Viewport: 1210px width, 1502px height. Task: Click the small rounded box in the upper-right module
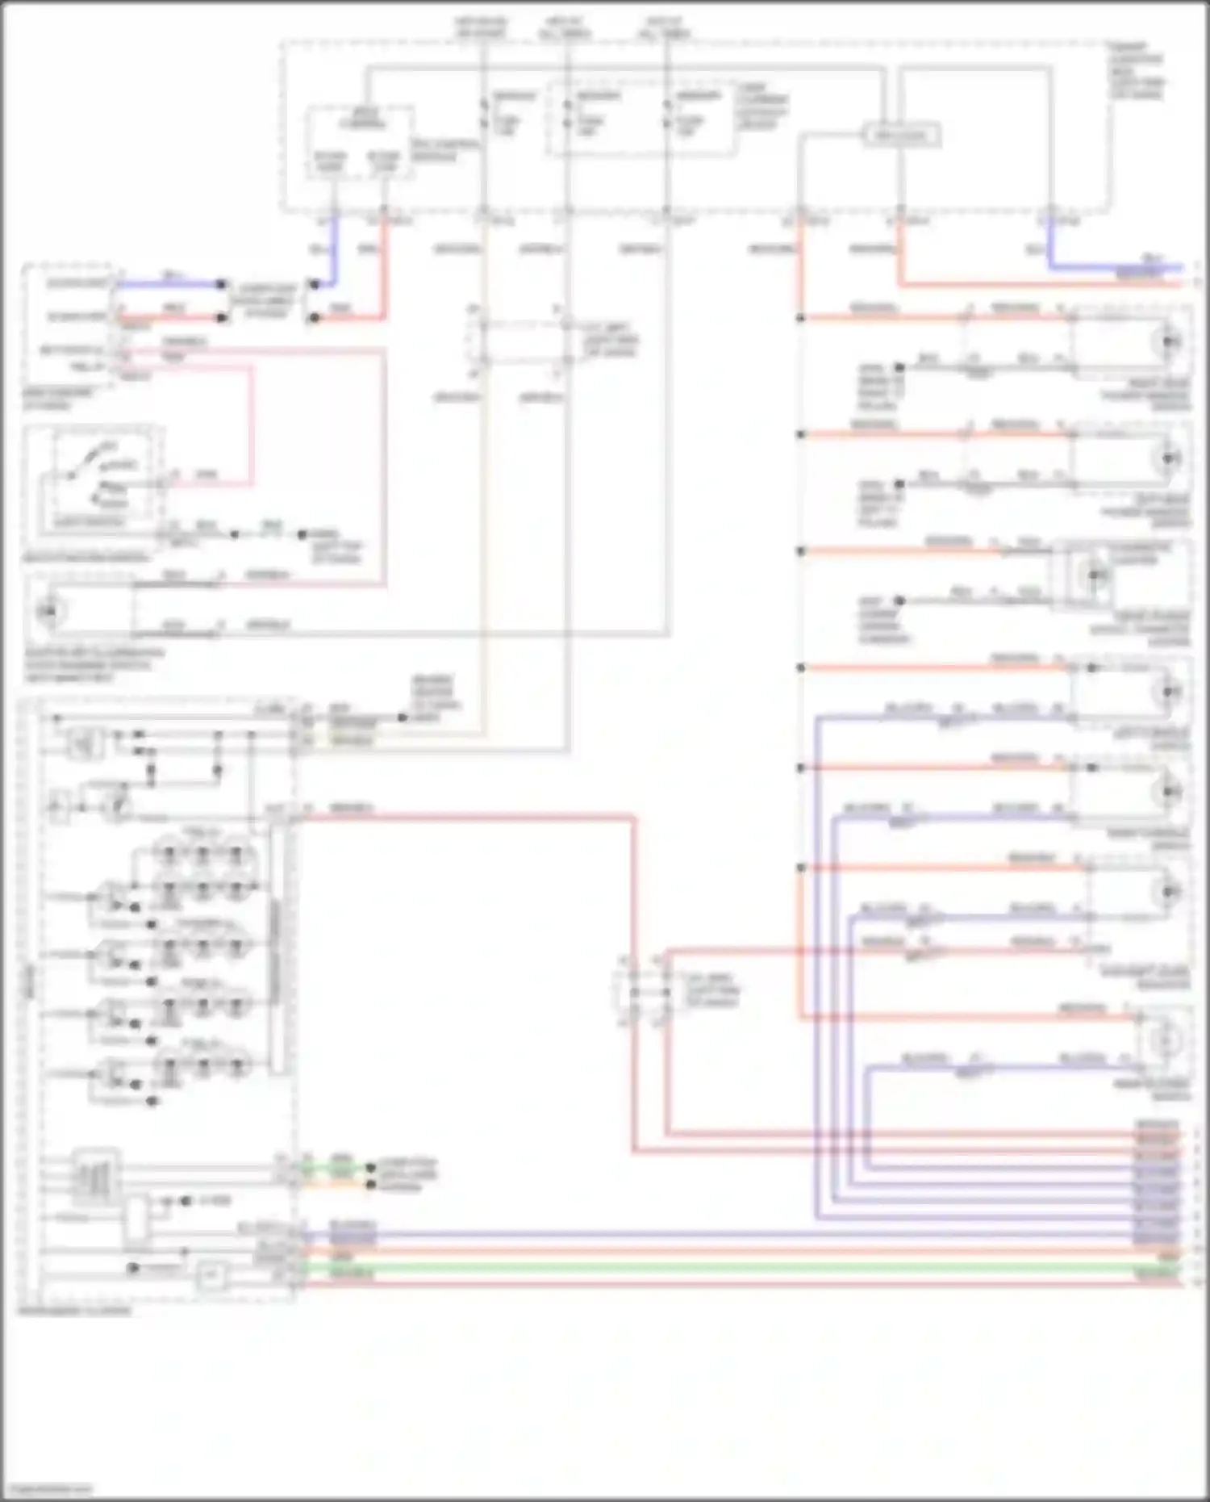[902, 136]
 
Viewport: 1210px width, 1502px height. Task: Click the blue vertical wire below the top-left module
[335, 250]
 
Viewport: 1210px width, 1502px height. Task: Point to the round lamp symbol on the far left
[48, 611]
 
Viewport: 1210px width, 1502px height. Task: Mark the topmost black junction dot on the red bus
[800, 319]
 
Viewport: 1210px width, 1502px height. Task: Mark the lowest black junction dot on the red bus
[800, 868]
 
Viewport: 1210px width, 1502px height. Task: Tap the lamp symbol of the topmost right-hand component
[1167, 342]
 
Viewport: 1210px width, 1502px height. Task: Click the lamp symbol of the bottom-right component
[1164, 1040]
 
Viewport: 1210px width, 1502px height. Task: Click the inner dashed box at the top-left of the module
[359, 142]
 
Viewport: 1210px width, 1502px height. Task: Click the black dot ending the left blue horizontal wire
[222, 284]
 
